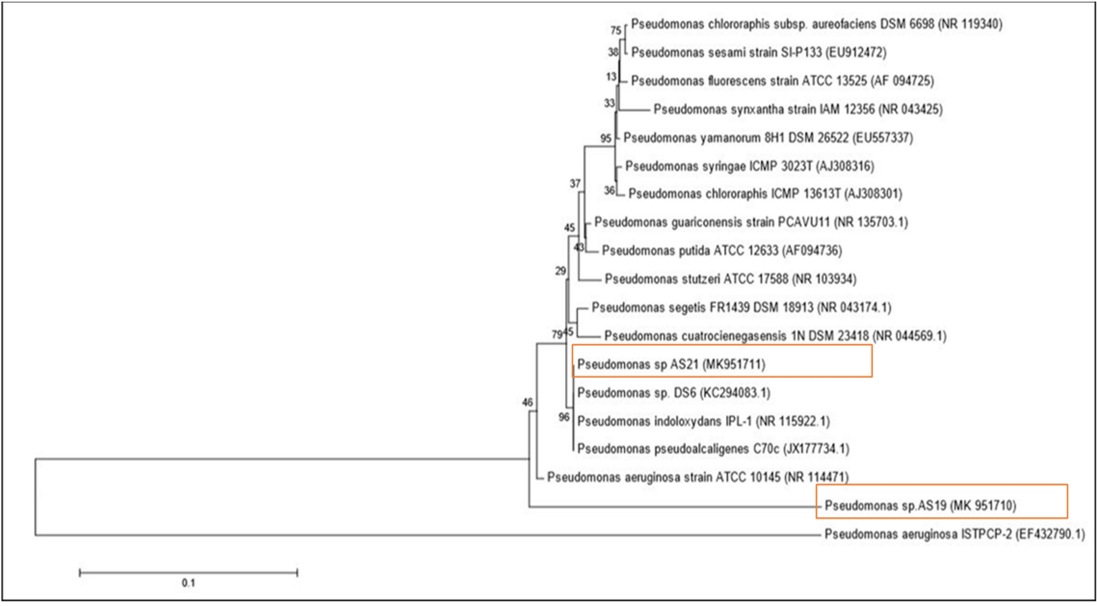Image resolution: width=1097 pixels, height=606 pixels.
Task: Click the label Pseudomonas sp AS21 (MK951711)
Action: click(671, 364)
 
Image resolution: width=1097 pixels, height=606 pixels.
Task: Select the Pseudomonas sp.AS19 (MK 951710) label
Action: click(920, 505)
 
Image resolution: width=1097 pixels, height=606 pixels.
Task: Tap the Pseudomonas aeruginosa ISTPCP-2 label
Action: click(954, 534)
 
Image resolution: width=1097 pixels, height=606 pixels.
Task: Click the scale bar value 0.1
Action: click(188, 583)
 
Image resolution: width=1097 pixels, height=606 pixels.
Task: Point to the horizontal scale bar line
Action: click(188, 572)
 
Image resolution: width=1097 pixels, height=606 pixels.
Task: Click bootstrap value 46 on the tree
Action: click(527, 402)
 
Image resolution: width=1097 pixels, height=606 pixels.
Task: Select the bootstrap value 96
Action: click(563, 417)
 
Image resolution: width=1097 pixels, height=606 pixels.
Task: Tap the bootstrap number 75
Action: click(615, 30)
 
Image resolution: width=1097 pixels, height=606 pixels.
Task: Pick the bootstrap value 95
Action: click(605, 138)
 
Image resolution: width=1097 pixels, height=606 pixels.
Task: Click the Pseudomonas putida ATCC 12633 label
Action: click(722, 251)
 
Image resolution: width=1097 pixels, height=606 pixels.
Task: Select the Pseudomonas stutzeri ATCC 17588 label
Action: click(730, 279)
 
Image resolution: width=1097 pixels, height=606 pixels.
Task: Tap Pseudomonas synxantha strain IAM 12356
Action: click(797, 109)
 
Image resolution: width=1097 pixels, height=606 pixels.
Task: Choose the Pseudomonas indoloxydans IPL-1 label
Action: click(703, 421)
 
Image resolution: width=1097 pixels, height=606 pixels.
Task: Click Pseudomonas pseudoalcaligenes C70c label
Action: click(713, 449)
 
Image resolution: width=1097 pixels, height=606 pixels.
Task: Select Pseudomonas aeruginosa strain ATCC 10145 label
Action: click(697, 477)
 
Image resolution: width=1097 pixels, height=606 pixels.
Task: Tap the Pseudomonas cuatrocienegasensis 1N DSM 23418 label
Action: click(775, 336)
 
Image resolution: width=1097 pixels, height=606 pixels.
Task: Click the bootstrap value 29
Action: click(560, 271)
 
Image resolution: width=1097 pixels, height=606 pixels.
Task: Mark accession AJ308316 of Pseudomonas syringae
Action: click(845, 166)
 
